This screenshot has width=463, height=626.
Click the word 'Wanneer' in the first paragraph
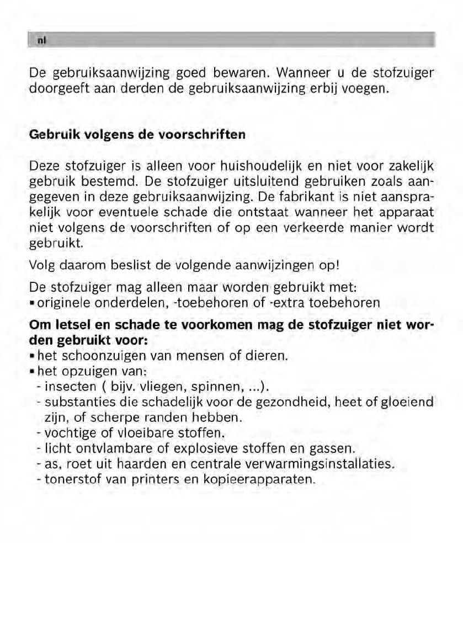click(x=302, y=73)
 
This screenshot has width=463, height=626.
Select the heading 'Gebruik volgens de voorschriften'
click(x=137, y=135)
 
